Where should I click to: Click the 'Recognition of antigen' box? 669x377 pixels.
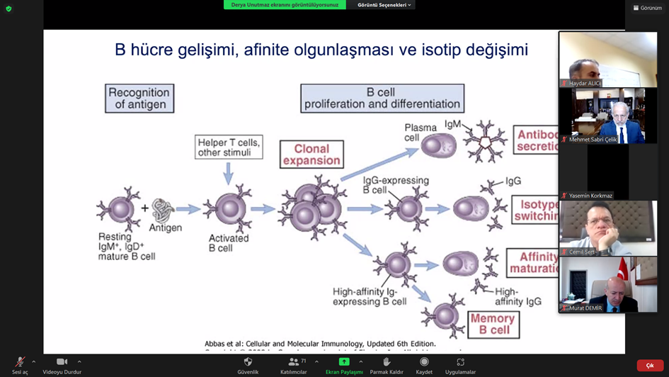coord(139,99)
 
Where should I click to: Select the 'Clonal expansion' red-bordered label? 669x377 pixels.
coord(311,154)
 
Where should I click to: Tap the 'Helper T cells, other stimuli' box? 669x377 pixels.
coord(228,147)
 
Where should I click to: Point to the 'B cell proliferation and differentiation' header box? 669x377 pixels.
coord(382,99)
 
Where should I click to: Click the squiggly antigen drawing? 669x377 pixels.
coord(164,210)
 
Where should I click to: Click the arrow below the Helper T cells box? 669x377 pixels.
coord(228,173)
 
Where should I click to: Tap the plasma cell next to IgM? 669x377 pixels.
coord(438,145)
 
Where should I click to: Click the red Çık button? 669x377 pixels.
coord(649,366)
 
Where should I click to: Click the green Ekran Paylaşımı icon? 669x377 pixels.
coord(343,361)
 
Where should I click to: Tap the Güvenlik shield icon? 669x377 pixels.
coord(248,361)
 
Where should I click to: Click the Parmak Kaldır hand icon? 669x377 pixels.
coord(387,361)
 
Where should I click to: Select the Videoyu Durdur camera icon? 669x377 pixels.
coord(62,361)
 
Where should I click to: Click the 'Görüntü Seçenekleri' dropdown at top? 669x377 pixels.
coord(384,5)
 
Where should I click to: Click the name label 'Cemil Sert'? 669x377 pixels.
coord(581,252)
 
